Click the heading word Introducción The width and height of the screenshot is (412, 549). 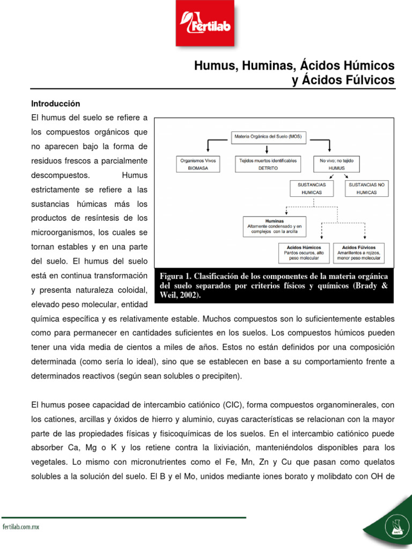(x=55, y=103)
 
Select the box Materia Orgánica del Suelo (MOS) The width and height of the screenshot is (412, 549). (x=268, y=137)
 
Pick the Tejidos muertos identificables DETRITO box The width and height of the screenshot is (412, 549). (x=268, y=164)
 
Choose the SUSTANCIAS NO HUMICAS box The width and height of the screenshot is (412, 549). (x=367, y=188)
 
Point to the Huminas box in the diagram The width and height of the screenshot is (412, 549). (x=275, y=227)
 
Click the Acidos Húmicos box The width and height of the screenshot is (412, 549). (x=304, y=253)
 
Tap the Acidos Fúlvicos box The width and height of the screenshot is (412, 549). (x=358, y=253)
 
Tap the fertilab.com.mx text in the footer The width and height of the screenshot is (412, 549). (x=21, y=527)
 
